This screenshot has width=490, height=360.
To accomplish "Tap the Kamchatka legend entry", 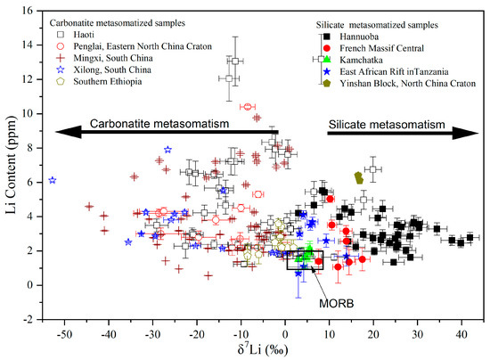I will click(362, 56).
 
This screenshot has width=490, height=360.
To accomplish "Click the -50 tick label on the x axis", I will click(62, 332).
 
